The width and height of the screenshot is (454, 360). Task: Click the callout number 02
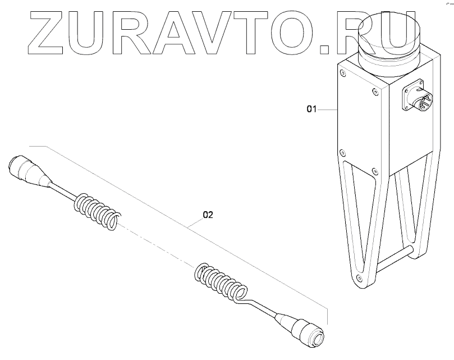coord(208,214)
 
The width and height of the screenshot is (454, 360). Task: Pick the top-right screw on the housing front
coord(374,89)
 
